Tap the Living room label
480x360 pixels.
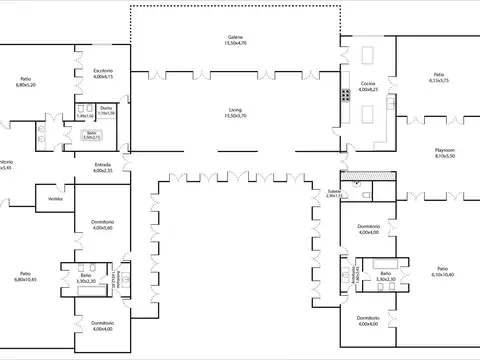(236, 110)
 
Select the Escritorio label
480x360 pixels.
(103, 70)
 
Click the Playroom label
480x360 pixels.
(445, 150)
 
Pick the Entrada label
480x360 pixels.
(103, 164)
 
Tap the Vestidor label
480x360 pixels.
(56, 199)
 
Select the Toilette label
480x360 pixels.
(334, 190)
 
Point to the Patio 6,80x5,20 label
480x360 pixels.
(26, 79)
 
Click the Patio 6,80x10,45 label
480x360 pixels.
(26, 274)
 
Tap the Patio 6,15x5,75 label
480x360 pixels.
(438, 74)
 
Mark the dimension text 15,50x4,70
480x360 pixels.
(236, 44)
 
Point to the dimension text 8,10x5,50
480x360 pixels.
(445, 156)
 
